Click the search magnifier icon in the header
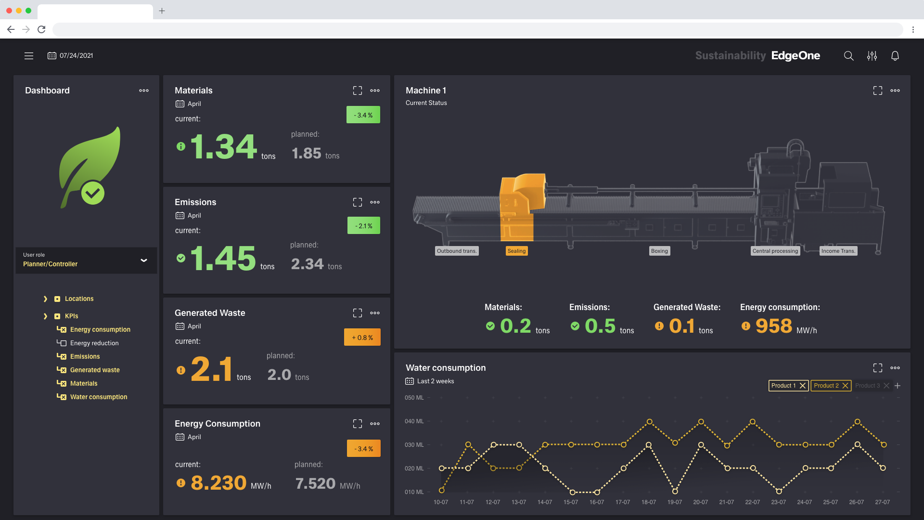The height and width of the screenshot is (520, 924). (x=848, y=56)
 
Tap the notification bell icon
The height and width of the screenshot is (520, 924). (x=895, y=56)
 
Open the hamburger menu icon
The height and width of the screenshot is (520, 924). (x=29, y=56)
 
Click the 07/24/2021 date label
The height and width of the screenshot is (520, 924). (x=76, y=56)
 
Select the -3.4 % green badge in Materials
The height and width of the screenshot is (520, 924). (x=363, y=115)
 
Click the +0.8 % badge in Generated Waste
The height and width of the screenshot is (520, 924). (x=362, y=338)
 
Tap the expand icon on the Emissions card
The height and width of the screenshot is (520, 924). (x=357, y=202)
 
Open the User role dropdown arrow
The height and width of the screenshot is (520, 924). (x=143, y=260)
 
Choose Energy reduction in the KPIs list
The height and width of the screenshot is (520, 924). (x=94, y=343)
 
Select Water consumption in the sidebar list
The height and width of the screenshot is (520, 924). (x=99, y=397)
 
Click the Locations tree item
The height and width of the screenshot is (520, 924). (x=79, y=299)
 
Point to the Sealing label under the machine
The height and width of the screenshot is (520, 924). (x=516, y=251)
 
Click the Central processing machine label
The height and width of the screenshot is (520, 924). (x=775, y=251)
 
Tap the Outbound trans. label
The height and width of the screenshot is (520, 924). (x=456, y=251)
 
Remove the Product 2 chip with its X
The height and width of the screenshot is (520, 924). (x=845, y=386)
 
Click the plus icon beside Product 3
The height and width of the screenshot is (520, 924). (x=898, y=386)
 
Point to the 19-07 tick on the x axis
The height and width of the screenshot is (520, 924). (x=674, y=502)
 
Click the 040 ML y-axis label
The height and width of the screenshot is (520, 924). (x=414, y=421)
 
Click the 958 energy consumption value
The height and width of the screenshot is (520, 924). (x=773, y=326)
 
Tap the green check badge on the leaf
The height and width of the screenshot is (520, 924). (x=92, y=193)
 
